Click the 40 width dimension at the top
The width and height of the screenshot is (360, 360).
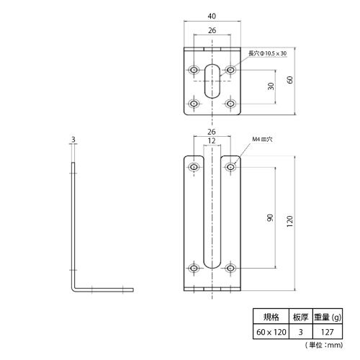point(212,16)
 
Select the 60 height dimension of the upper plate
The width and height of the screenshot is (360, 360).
point(290,80)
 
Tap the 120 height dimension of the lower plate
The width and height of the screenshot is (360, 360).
point(290,222)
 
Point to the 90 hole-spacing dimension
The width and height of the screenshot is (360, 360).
point(270,217)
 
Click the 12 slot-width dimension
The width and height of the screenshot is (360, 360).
point(212,140)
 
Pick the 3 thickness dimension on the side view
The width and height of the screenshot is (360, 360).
point(73,140)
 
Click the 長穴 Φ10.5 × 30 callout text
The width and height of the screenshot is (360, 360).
point(267,53)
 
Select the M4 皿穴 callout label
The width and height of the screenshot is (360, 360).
point(262,139)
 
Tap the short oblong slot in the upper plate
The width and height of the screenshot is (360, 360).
point(212,81)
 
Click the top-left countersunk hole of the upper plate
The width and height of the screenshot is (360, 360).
point(194,70)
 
